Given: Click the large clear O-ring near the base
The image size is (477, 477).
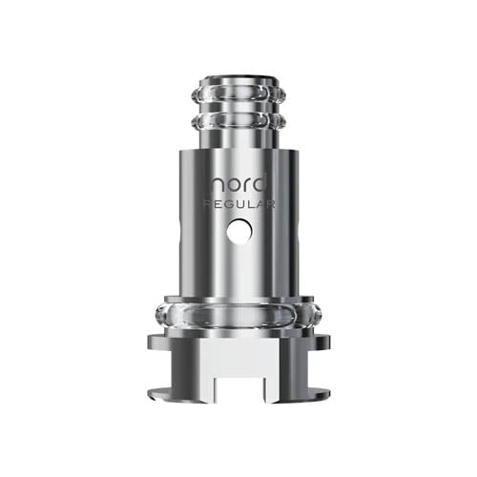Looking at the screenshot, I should pos(238,315).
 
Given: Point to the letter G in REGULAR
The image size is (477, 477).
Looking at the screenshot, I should pos(227,203).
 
